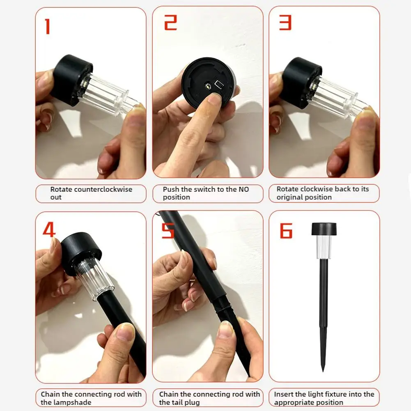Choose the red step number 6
[x=286, y=231]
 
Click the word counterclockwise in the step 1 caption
[x=106, y=189]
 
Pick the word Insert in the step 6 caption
[x=284, y=394]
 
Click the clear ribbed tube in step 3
[x=335, y=96]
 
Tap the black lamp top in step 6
[x=324, y=228]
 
